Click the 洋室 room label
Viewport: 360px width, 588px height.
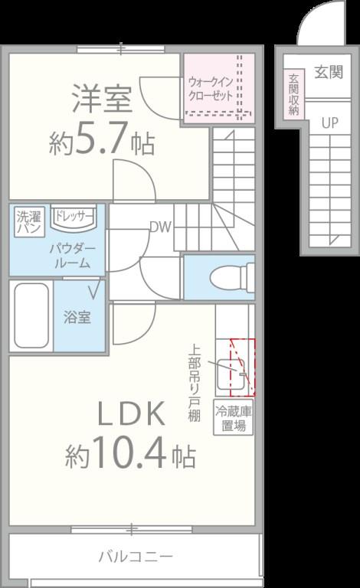103,99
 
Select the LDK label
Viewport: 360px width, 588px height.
130,414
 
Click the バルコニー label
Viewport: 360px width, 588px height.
135,556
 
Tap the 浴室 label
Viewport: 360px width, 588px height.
77,317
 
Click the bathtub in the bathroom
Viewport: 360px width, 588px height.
31,316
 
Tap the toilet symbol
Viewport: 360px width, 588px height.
234,273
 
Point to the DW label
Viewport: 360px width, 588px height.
159,227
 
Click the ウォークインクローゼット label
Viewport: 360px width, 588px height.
209,89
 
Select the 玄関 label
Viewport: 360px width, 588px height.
329,72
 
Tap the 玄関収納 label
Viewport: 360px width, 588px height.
293,94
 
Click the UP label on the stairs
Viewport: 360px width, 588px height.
329,122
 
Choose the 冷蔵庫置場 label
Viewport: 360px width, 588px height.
234,418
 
